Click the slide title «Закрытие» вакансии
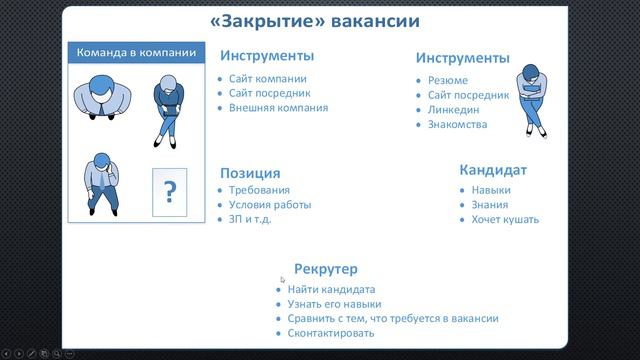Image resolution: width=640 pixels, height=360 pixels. pos(315,20)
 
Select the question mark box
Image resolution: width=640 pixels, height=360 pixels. pos(170,190)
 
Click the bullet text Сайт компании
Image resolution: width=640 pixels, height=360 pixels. pos(267,78)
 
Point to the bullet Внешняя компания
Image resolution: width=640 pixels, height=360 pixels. pos(278,107)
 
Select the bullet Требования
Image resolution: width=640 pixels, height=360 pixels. pos(259,190)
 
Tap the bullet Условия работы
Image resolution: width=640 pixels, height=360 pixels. pos(269,205)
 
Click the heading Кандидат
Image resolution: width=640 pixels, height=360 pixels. pos(493,170)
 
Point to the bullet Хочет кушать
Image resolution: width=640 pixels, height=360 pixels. pos(506,219)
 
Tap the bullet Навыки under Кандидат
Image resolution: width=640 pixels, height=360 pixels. pos(492,189)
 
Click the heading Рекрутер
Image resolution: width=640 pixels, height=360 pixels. pos(325,269)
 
